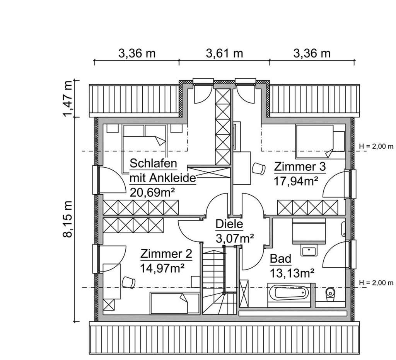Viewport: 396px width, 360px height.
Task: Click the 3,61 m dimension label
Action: (224, 53)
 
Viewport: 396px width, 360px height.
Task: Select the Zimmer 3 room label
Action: (300, 167)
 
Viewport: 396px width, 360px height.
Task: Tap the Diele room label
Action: (229, 224)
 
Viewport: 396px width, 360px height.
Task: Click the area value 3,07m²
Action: (234, 238)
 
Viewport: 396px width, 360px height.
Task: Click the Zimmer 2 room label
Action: (166, 254)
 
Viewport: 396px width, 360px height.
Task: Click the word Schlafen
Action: (154, 164)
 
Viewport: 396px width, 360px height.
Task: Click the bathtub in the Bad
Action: (290, 294)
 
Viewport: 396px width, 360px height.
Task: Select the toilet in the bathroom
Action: (330, 294)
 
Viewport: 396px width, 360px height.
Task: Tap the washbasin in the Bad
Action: (309, 251)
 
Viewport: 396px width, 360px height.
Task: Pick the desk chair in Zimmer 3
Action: (258, 168)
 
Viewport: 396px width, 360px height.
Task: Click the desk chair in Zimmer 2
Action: (128, 282)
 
